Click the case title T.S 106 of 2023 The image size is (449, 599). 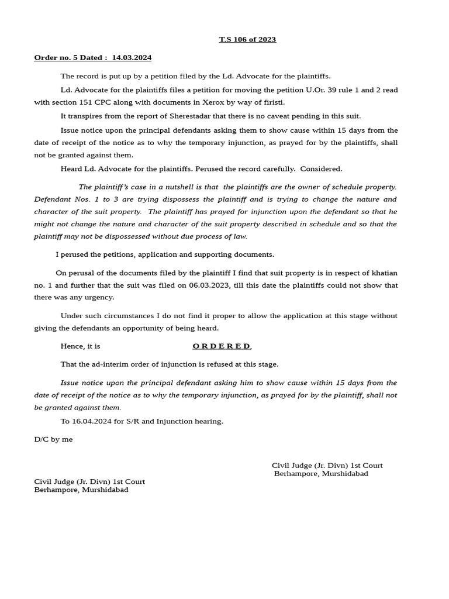click(247, 40)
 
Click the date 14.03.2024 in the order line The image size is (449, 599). click(132, 57)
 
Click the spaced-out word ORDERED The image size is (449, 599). click(222, 346)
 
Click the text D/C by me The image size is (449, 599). click(53, 439)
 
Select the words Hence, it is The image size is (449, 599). click(80, 346)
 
